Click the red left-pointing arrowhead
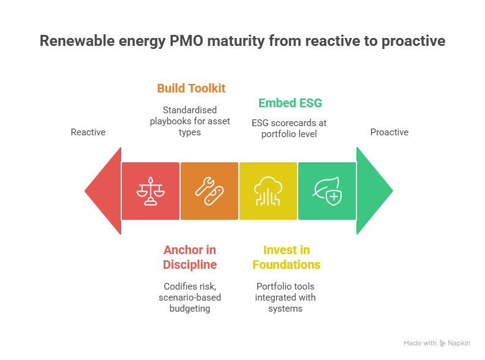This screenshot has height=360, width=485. coord(104,191)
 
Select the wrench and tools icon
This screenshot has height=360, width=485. coord(209,191)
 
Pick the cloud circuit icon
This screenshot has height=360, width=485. coord(268,191)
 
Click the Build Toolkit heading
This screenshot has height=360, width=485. coord(191,88)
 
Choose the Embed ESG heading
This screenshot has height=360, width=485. coord(290,103)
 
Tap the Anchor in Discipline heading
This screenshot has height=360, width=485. coord(190,257)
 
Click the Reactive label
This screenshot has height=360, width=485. coord(88,132)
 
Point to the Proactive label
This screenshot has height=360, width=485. coord(389,132)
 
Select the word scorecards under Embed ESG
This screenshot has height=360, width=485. coord(290,122)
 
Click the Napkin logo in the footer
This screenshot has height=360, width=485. coord(456,343)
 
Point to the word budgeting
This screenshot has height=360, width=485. coord(190,309)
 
